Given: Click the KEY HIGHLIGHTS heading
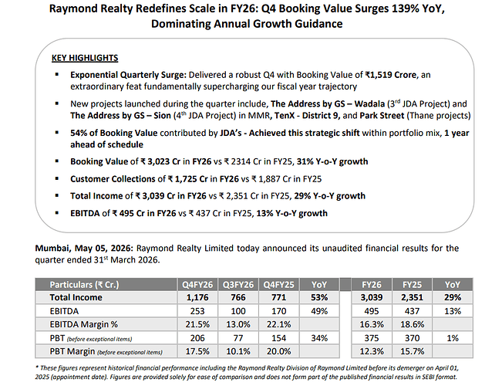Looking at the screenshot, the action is coord(85,58).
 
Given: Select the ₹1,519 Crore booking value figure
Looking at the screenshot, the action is coord(391,75).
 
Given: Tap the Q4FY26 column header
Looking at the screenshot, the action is coord(197,285).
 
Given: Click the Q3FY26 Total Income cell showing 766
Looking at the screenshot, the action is coord(238,297).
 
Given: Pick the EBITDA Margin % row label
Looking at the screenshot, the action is coord(83,324).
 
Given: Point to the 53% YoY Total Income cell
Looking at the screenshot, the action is coord(319,297).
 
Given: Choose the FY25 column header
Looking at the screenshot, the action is coord(412,285).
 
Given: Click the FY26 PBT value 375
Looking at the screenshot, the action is coord(372,338).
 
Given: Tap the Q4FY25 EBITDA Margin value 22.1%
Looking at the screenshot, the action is coord(279,324).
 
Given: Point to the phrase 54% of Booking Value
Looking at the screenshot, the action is coord(114,133).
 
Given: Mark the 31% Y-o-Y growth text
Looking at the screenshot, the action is coord(332,161).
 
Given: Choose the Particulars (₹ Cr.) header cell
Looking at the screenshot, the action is coord(84,285).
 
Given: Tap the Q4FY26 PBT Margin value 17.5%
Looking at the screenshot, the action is coord(197,351).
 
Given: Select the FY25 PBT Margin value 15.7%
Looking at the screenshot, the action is coord(412,351).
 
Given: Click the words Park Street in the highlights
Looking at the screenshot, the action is coord(382,116).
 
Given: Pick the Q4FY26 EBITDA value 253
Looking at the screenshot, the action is coord(197,311).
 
